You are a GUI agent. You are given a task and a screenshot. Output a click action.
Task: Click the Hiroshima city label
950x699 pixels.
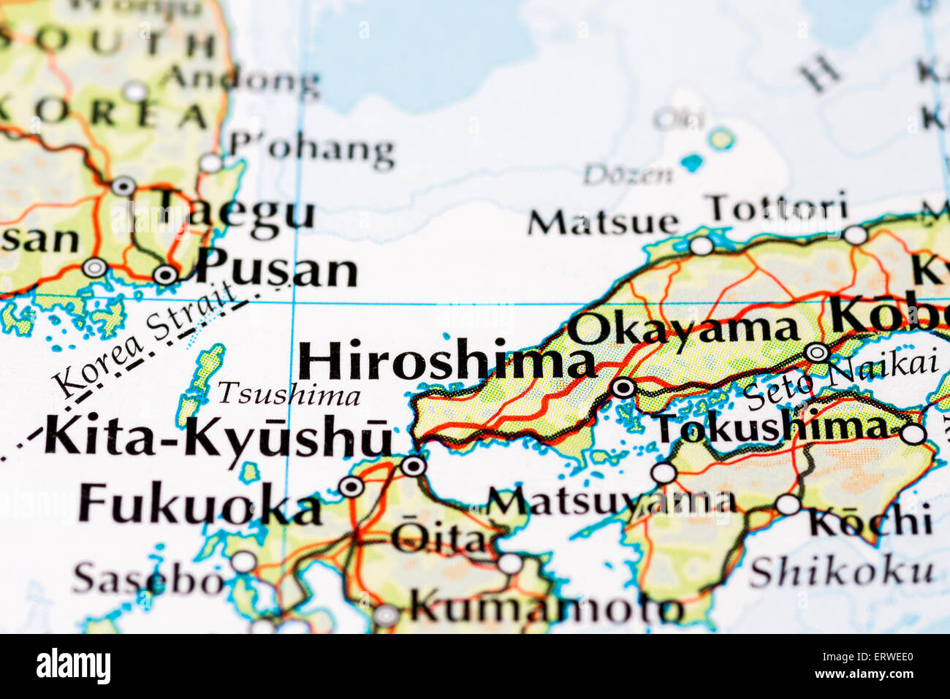(446, 362)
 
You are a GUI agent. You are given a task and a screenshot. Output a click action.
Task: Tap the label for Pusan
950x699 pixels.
(277, 269)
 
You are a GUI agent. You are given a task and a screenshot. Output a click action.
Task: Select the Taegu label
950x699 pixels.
(236, 213)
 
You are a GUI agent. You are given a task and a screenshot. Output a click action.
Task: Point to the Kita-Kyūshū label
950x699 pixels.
(218, 436)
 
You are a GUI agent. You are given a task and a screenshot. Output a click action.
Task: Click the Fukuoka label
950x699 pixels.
(199, 504)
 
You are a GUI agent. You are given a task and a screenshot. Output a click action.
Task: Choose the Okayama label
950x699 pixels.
(683, 329)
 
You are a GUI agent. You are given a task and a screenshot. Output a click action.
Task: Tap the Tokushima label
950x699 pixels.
(770, 428)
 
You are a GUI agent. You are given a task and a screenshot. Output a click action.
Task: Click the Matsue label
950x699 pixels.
(603, 222)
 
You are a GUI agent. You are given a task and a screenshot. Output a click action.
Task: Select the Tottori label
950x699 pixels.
(779, 208)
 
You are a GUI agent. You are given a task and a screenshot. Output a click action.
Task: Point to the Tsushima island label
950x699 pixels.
(289, 394)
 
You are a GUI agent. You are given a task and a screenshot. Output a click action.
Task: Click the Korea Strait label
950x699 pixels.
(146, 340)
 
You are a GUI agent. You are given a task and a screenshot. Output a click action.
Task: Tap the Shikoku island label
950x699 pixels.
(841, 572)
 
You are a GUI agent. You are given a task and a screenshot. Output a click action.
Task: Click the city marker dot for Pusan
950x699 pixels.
(166, 275)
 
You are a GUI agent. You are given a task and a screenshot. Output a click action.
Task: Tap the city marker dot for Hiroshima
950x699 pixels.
(623, 388)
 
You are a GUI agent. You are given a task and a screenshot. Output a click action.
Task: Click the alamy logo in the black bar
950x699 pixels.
(73, 666)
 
